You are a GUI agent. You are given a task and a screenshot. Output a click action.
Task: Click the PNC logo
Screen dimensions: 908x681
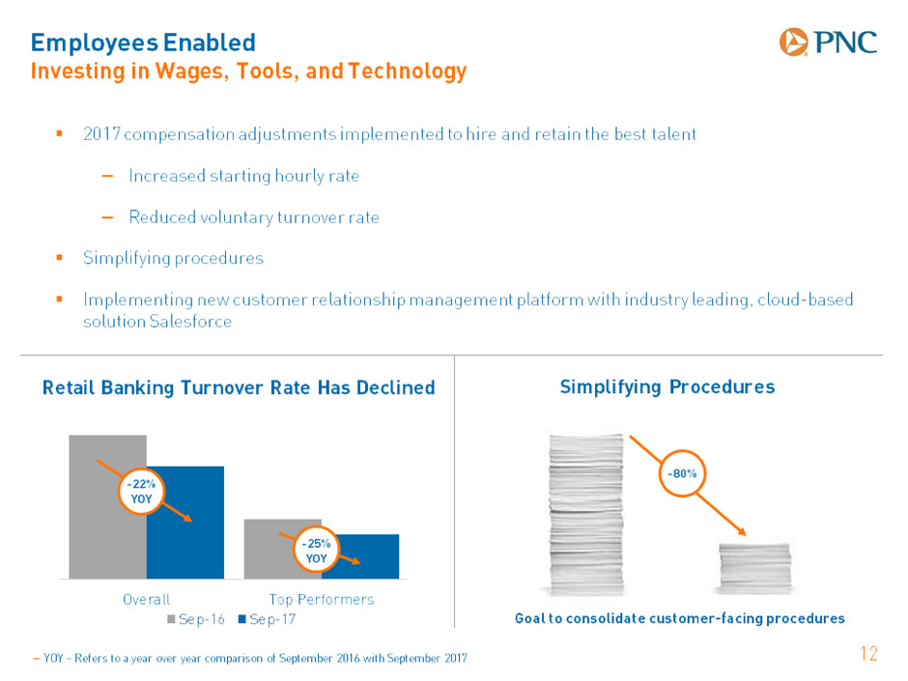pyautogui.click(x=828, y=43)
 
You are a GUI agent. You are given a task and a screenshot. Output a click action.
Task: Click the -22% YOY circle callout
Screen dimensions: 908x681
pyautogui.click(x=141, y=492)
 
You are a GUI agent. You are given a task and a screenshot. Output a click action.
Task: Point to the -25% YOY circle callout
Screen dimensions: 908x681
pyautogui.click(x=316, y=551)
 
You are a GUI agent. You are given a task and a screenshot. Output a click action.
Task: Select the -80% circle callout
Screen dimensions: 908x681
pyautogui.click(x=682, y=473)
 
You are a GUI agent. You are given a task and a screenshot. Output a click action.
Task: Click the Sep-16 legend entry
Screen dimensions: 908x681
pyautogui.click(x=196, y=619)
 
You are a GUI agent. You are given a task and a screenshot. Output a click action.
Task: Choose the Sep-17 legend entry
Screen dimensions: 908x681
pyautogui.click(x=267, y=619)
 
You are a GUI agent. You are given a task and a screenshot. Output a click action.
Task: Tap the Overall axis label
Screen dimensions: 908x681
pyautogui.click(x=147, y=599)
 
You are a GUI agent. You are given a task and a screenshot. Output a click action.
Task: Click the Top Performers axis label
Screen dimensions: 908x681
pyautogui.click(x=322, y=599)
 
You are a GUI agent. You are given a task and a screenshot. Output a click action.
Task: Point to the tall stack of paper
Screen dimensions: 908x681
pyautogui.click(x=586, y=514)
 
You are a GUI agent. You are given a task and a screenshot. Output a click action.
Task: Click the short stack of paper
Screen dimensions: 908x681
pyautogui.click(x=754, y=568)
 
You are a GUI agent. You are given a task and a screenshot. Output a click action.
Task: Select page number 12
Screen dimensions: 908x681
pyautogui.click(x=868, y=654)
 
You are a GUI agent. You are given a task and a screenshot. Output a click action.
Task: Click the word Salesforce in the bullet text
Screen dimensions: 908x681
pyautogui.click(x=190, y=322)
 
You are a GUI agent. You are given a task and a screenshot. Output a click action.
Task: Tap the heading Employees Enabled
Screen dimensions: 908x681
pyautogui.click(x=143, y=43)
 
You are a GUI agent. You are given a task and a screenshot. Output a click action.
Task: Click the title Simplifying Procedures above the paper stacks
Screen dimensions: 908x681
pyautogui.click(x=667, y=386)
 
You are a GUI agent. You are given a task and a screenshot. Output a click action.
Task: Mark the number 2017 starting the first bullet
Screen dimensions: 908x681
pyautogui.click(x=102, y=133)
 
